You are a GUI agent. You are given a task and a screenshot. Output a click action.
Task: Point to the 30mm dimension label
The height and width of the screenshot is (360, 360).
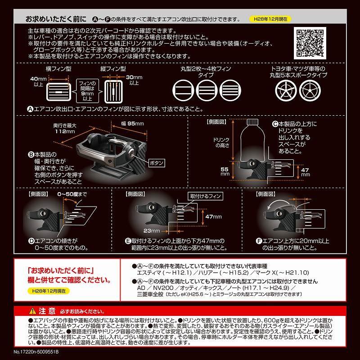tap(134, 80)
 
